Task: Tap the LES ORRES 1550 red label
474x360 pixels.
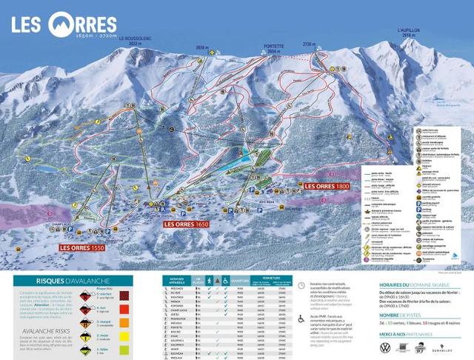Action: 82,248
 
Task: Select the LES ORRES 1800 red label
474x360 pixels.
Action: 327,186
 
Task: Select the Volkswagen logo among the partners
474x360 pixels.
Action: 384,347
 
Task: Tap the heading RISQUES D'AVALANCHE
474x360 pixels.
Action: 73,281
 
